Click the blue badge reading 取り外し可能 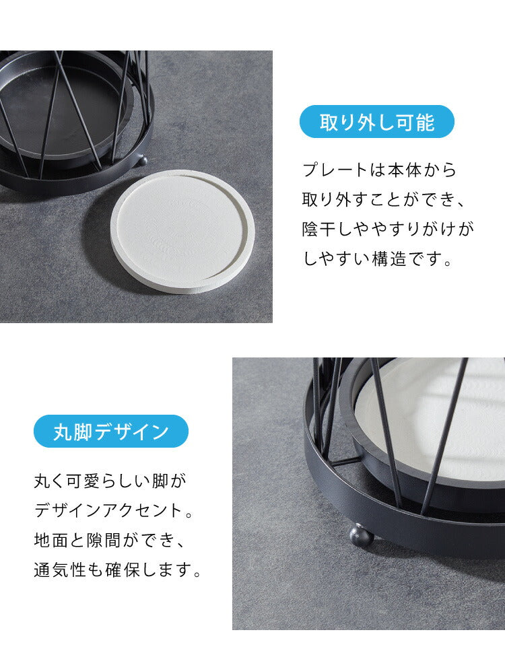(376, 122)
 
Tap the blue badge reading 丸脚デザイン (111, 431)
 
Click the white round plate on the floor (182, 231)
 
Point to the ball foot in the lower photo (362, 537)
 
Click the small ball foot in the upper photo (143, 160)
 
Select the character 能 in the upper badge (425, 122)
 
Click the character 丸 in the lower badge (63, 432)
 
